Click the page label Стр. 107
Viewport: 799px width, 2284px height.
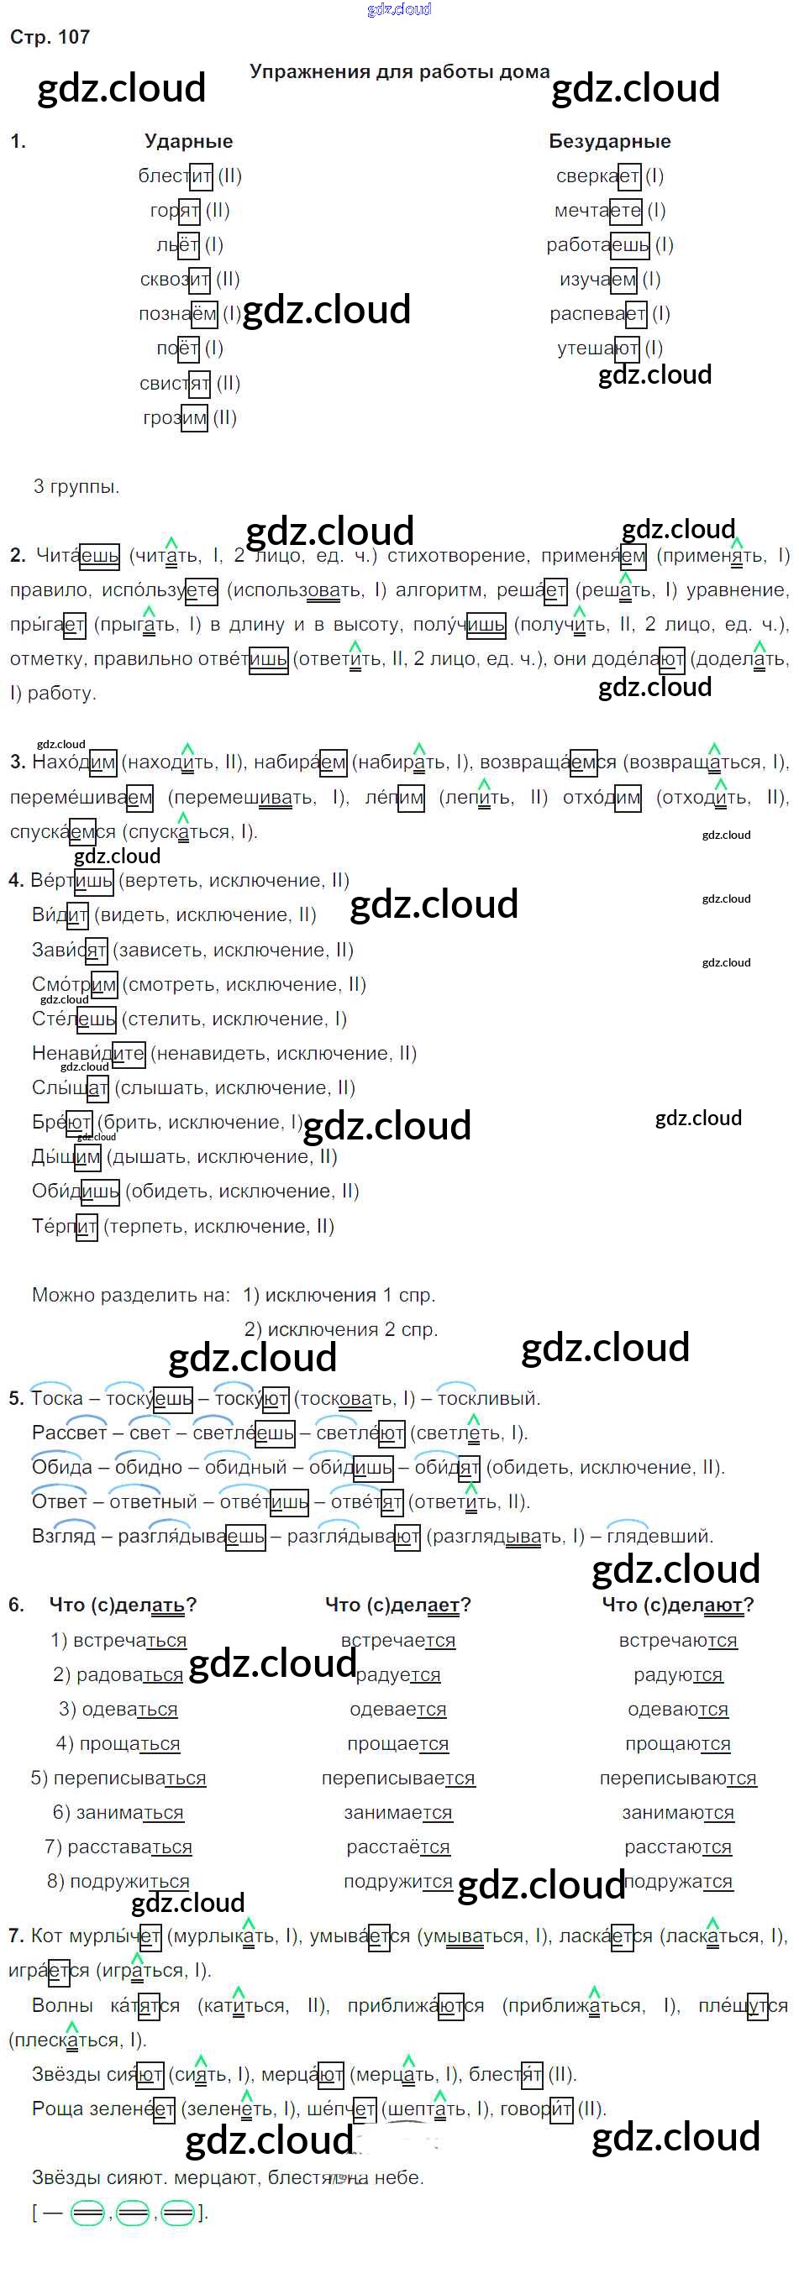click(x=50, y=37)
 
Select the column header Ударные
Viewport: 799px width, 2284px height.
click(x=188, y=141)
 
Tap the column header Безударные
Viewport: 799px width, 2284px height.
click(x=609, y=141)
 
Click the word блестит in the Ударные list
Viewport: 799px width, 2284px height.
click(x=175, y=175)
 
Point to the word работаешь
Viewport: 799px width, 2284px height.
click(x=597, y=244)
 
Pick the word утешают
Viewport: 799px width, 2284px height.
click(x=597, y=348)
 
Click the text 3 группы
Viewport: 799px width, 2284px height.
click(x=76, y=486)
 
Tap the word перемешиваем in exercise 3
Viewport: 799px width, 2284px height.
click(x=81, y=797)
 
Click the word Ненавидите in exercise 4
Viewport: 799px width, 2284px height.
click(x=87, y=1053)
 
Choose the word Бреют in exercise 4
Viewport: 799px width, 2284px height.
click(x=61, y=1122)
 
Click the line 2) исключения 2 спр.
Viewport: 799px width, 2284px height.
click(x=340, y=1329)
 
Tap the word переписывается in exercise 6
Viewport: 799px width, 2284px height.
click(x=397, y=1778)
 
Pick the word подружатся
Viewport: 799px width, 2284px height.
click(x=677, y=1882)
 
